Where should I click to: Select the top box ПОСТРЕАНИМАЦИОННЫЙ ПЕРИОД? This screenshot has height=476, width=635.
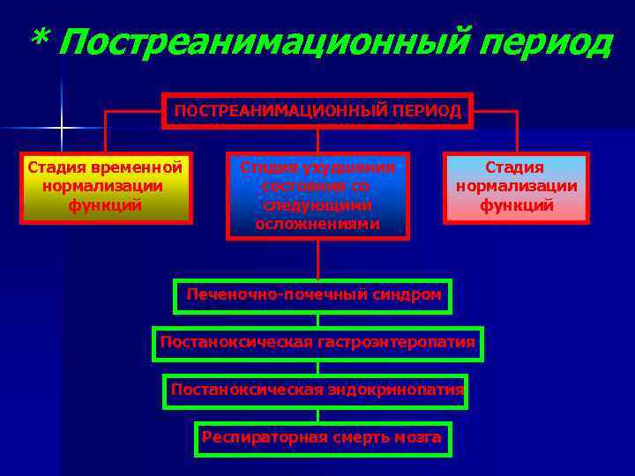(x=317, y=111)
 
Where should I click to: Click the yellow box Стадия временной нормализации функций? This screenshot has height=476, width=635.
(x=105, y=188)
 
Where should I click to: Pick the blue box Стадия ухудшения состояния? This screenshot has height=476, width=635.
(x=317, y=196)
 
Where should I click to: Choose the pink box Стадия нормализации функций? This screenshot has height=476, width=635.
(x=516, y=187)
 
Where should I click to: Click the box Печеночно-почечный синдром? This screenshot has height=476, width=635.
(x=313, y=295)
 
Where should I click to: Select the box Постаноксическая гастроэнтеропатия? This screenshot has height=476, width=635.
(x=317, y=343)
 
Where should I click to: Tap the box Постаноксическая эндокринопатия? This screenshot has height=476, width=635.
(x=317, y=390)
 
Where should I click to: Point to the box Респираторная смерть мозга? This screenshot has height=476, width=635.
(x=322, y=437)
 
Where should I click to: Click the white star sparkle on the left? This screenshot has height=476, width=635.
(x=62, y=129)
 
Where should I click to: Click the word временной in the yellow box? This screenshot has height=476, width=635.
(x=140, y=167)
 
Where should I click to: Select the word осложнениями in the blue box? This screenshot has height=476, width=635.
(x=317, y=224)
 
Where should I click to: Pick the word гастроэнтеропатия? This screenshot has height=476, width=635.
(x=396, y=342)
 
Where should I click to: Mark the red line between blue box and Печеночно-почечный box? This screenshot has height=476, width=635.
(x=317, y=259)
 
